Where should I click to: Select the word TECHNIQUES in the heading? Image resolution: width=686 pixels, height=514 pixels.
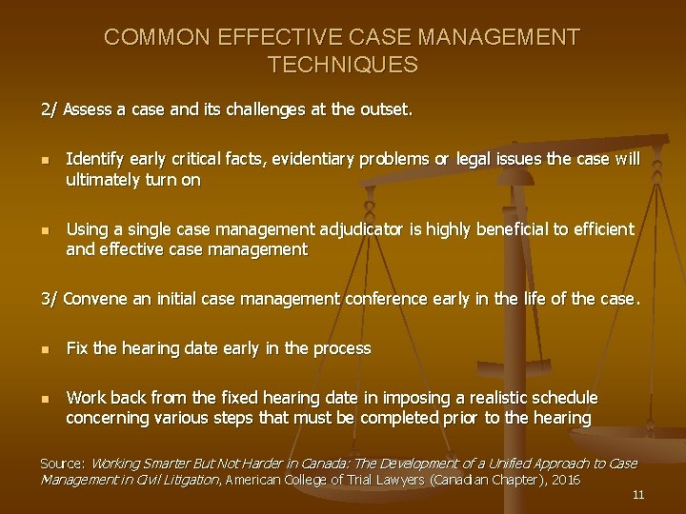click(x=342, y=65)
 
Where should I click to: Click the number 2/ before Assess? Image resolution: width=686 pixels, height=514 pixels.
click(x=50, y=109)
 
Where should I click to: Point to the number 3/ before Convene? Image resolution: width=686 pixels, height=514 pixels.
click(x=50, y=299)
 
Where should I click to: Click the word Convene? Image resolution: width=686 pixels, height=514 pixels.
click(x=96, y=299)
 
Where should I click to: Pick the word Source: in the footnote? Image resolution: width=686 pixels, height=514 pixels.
click(x=63, y=463)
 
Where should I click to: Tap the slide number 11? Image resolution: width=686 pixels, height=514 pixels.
click(x=638, y=495)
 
